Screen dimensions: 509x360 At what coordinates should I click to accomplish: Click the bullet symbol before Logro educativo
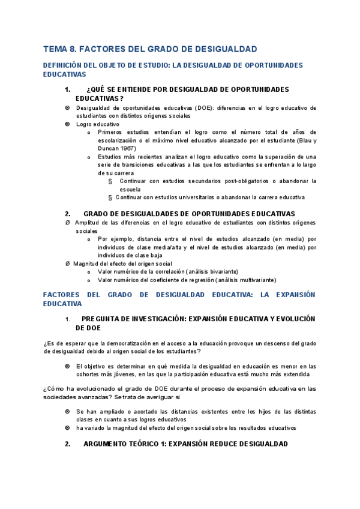pos(67,124)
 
